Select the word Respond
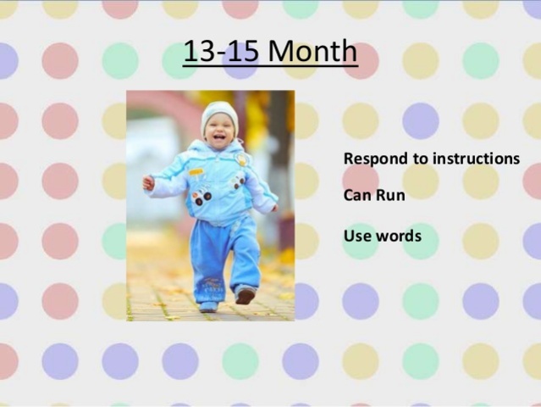(373, 159)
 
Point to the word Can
(356, 195)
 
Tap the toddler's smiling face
(220, 132)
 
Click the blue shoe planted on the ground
(207, 306)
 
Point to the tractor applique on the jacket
(201, 197)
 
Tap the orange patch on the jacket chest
(196, 171)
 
